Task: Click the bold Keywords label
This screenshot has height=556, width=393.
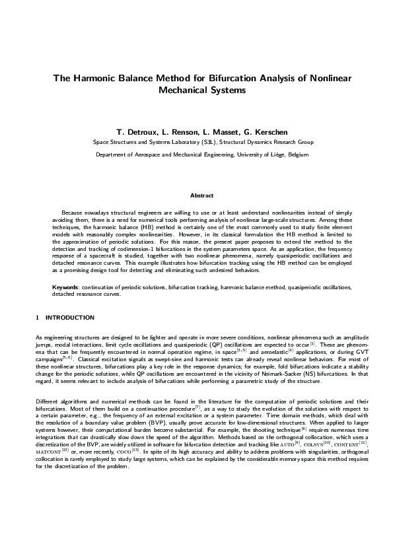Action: (66, 288)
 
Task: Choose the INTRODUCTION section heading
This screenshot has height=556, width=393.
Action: (71, 318)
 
